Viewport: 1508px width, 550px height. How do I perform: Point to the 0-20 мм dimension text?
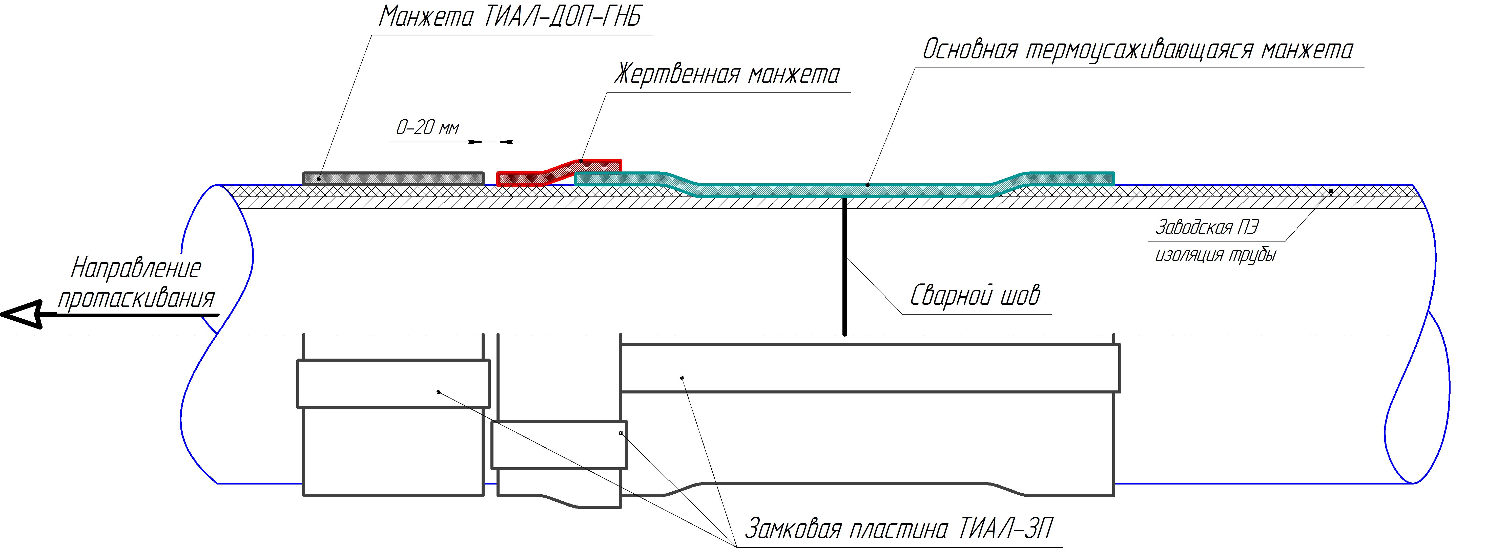pyautogui.click(x=427, y=127)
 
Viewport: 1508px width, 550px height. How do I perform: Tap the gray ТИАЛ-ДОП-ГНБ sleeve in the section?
pyautogui.click(x=394, y=178)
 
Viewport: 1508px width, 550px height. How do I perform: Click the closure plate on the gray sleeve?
pyautogui.click(x=394, y=383)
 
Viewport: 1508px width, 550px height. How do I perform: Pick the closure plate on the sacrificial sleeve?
pyautogui.click(x=559, y=445)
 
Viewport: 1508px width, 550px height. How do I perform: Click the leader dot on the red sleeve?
pyautogui.click(x=581, y=160)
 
